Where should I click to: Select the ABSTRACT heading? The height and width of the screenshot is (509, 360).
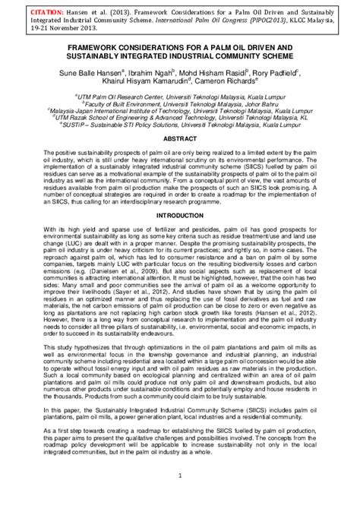click(179, 141)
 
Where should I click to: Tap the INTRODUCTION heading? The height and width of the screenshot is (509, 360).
click(179, 215)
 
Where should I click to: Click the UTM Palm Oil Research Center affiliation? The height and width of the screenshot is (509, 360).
click(179, 97)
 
